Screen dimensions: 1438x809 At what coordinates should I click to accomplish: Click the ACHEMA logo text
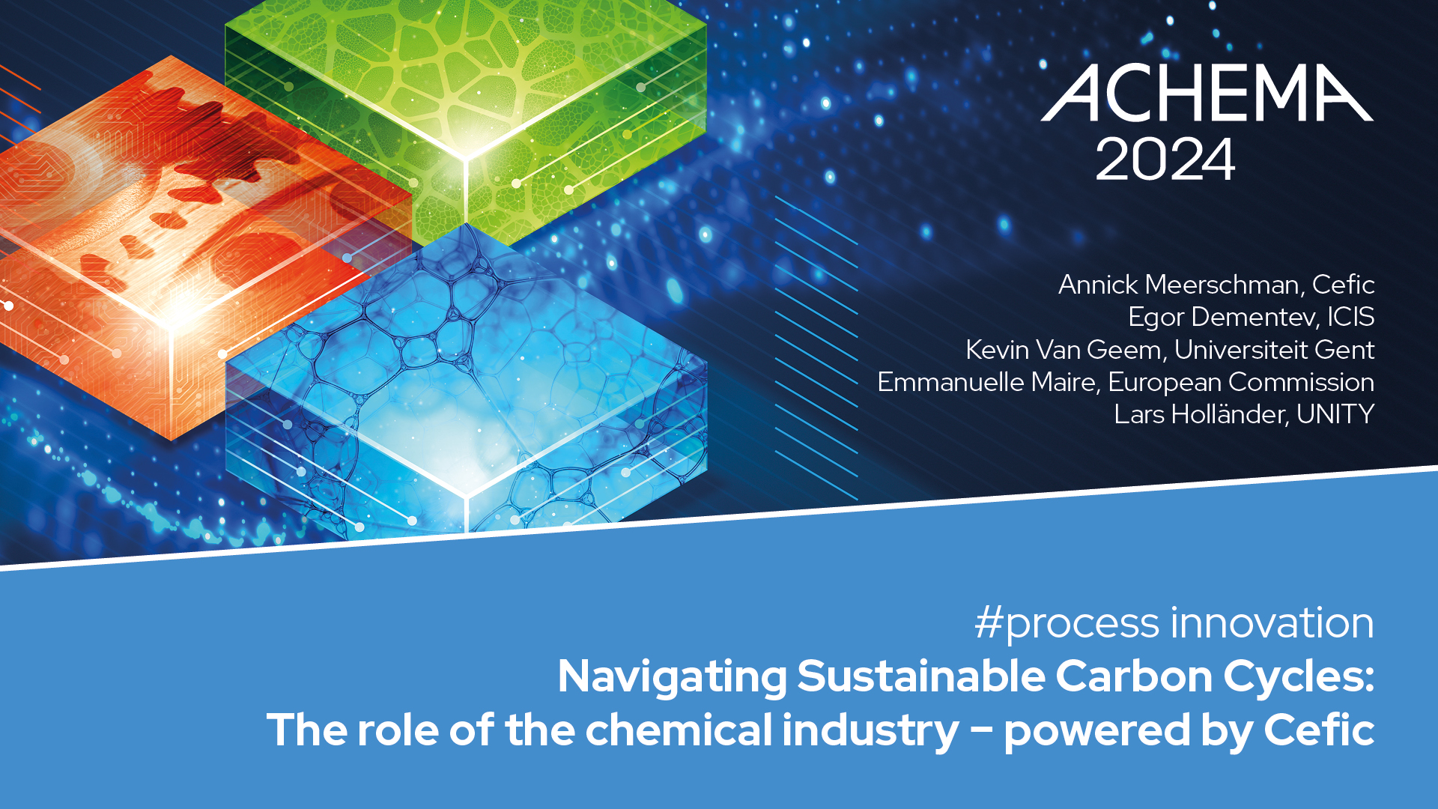click(x=1207, y=93)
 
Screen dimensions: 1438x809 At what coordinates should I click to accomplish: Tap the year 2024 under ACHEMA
click(x=1165, y=159)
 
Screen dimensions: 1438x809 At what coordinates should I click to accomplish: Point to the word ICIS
click(x=1351, y=317)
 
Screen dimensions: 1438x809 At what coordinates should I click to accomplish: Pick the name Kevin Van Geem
click(x=1064, y=349)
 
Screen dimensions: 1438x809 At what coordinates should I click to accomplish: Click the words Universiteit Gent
click(x=1274, y=349)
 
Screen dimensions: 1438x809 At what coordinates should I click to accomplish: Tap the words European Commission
click(x=1242, y=382)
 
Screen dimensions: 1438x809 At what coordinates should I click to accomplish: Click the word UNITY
click(x=1335, y=414)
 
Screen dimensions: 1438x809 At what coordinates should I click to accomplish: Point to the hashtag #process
click(x=1067, y=623)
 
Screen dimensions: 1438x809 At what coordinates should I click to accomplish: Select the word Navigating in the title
click(x=673, y=678)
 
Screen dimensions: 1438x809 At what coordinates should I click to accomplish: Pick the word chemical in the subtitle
click(x=679, y=730)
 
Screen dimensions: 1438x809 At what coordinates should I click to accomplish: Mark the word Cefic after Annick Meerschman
click(x=1344, y=285)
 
